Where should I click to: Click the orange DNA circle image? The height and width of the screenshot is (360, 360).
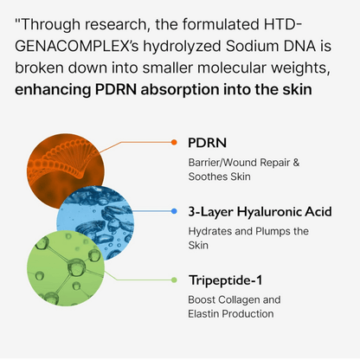[65, 167]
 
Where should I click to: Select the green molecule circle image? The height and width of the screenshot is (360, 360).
[66, 267]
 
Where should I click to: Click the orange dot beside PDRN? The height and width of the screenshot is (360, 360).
[174, 142]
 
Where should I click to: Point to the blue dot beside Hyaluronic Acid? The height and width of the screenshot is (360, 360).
[174, 211]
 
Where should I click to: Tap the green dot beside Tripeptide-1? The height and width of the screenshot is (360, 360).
[174, 280]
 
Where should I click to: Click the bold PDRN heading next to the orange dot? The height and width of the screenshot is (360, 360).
[207, 143]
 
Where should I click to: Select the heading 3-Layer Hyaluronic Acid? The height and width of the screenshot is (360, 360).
[260, 212]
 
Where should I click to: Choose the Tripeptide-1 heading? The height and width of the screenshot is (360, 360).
[225, 280]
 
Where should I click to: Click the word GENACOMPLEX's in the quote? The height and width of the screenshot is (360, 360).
[77, 46]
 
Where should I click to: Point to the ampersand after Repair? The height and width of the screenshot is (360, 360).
[296, 163]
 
